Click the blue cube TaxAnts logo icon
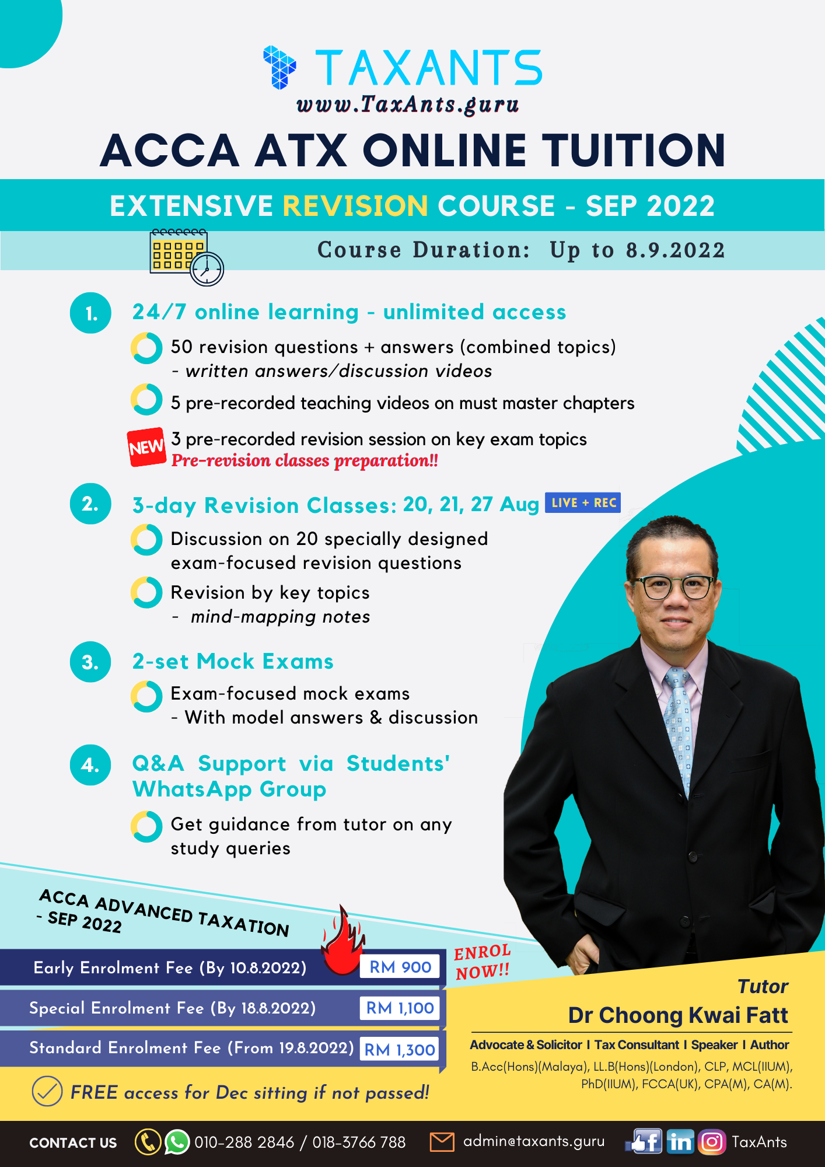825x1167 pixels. click(279, 67)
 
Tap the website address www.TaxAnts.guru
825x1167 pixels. click(407, 104)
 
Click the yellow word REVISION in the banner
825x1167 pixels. click(355, 206)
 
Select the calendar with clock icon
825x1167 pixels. click(186, 257)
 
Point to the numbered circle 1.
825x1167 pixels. click(90, 313)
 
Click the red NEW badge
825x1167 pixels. click(146, 447)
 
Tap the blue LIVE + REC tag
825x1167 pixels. click(582, 502)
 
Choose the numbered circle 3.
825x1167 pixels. click(90, 662)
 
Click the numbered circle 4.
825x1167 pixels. click(90, 765)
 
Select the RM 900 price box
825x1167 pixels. click(400, 967)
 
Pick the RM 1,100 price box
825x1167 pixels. click(400, 1008)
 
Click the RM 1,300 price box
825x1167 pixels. click(400, 1049)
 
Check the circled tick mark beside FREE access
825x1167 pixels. click(47, 1091)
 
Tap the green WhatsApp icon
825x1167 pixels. click(177, 1142)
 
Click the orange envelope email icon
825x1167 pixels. click(442, 1142)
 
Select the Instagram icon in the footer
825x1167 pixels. click(711, 1142)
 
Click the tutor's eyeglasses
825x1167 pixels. click(674, 586)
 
